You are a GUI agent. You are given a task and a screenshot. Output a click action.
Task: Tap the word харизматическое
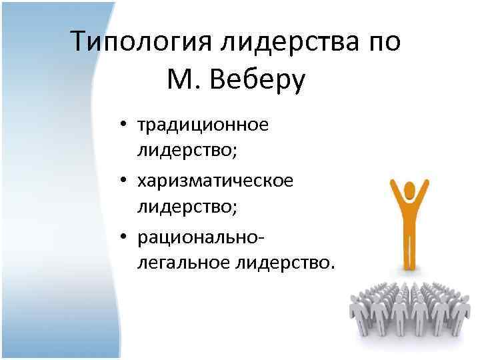(215, 180)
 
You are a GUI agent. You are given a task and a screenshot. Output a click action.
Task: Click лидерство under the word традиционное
(187, 151)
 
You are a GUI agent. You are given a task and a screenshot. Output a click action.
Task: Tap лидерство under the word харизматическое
(187, 207)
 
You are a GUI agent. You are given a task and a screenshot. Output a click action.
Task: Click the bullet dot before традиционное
(124, 125)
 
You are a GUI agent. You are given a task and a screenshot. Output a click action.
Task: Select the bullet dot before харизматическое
(124, 181)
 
